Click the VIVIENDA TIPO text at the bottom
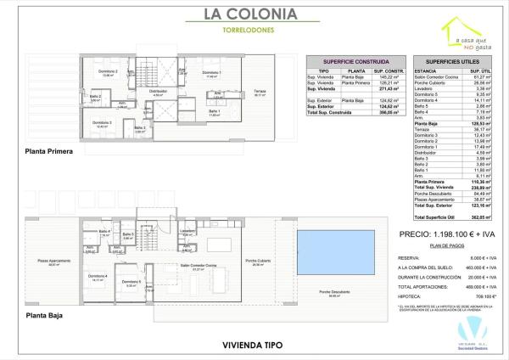click(x=251, y=345)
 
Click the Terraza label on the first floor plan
click(x=259, y=92)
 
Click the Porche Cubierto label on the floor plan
click(x=257, y=260)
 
